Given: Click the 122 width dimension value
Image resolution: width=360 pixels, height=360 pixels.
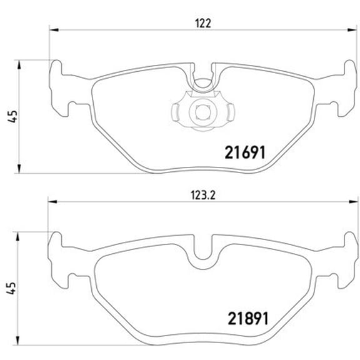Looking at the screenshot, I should (201, 23).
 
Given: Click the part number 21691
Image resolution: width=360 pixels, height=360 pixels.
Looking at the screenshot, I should (246, 152).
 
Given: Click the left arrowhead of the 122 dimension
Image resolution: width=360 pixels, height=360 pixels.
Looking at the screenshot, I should (53, 29).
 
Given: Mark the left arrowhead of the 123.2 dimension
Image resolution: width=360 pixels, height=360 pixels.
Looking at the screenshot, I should (53, 201).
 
